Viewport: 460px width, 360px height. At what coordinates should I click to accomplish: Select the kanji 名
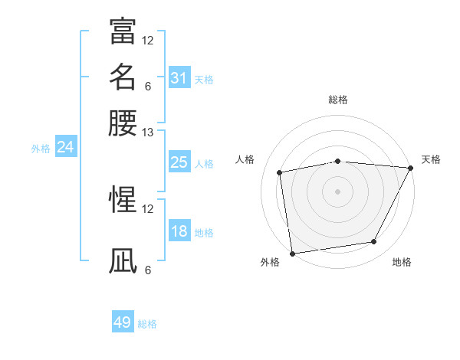click(123, 77)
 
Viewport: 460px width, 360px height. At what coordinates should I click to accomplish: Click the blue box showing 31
click(179, 78)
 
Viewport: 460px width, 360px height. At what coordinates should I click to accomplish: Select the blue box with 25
click(179, 162)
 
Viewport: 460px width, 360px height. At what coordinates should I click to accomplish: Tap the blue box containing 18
click(179, 232)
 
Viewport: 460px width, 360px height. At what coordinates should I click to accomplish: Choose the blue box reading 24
click(65, 148)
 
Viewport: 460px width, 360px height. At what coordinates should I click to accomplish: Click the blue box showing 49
click(123, 322)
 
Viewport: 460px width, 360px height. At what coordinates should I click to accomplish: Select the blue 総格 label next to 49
click(147, 324)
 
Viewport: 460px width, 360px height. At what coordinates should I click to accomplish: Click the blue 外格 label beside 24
click(41, 149)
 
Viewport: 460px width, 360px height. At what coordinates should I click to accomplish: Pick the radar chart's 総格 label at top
click(337, 100)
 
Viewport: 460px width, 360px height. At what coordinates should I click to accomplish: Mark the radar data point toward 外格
click(292, 253)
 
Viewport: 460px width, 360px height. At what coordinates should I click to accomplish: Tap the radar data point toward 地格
click(374, 242)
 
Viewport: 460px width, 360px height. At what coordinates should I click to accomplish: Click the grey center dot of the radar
click(337, 191)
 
